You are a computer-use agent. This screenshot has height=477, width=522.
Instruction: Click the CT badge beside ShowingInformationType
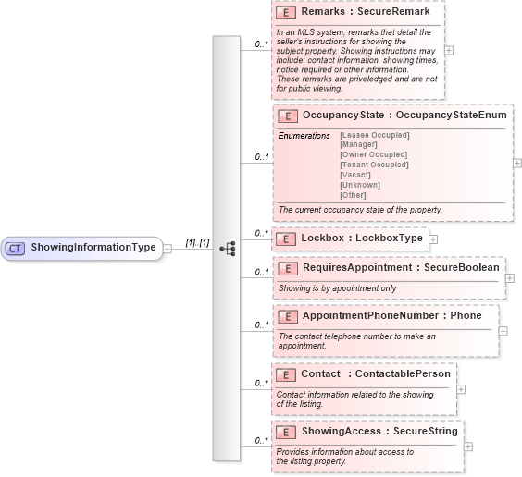(x=16, y=248)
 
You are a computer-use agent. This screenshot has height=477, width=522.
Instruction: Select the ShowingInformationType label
(x=93, y=248)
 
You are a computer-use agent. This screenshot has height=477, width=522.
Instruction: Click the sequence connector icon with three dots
(x=227, y=248)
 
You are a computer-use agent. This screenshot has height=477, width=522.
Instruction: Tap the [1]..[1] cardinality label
(x=197, y=242)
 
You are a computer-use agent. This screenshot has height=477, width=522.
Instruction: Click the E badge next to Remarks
(x=287, y=14)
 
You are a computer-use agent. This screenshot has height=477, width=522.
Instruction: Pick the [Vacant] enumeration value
(x=356, y=175)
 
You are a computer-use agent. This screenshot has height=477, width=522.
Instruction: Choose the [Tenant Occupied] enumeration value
(x=374, y=165)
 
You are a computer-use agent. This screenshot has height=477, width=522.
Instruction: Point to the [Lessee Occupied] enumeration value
(x=375, y=135)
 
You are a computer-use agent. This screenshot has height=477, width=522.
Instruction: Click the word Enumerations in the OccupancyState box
(x=304, y=136)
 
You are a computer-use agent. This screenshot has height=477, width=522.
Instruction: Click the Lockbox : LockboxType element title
(x=361, y=238)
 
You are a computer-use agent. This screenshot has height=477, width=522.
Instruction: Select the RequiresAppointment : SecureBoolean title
(x=400, y=268)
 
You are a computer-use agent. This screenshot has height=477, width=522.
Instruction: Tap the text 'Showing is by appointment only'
(x=337, y=287)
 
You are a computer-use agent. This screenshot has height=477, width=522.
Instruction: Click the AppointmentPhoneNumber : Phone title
(x=391, y=316)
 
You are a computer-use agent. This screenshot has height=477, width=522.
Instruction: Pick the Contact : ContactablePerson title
(x=375, y=373)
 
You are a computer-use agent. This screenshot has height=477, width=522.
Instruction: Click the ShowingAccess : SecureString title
(x=379, y=431)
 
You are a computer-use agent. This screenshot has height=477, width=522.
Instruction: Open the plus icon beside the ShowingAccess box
(x=468, y=446)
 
